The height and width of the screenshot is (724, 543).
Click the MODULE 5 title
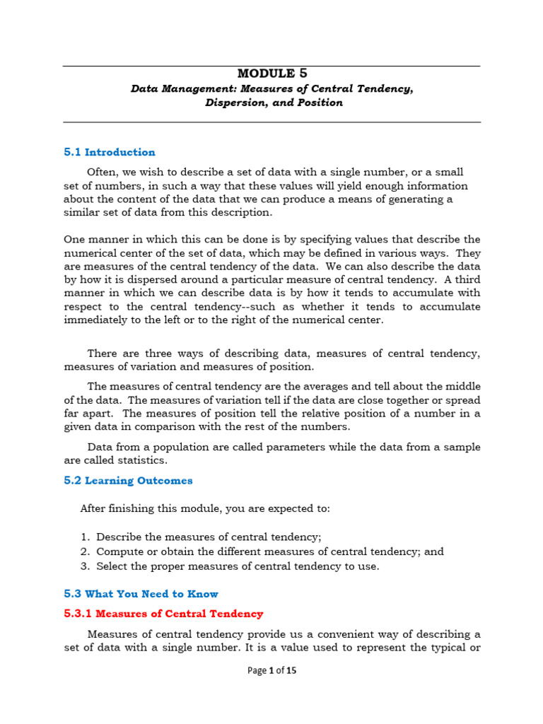272,73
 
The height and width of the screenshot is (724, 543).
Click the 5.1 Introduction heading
110,152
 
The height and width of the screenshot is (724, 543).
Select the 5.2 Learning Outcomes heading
128,481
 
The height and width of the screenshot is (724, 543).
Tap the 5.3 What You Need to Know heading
141,594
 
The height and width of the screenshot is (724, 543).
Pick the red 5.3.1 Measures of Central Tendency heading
163,614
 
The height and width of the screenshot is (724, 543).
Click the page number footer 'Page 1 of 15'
271,671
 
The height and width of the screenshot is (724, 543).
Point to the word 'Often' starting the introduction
101,173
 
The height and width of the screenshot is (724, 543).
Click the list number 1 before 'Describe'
83,537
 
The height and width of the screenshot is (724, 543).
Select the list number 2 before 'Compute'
83,551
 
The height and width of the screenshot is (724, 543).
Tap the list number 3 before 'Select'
83,566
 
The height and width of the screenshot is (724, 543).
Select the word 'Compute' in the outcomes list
117,551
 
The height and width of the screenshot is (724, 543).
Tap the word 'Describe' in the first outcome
118,537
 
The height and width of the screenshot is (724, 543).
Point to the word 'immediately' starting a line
93,320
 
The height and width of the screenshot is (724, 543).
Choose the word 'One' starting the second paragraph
74,239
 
